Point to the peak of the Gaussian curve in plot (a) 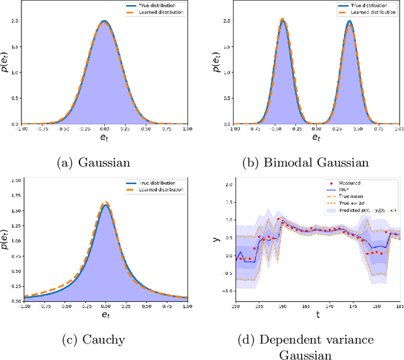105,21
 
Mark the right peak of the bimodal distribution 348,21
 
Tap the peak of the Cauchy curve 105,204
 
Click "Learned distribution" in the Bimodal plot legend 376,12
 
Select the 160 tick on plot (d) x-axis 282,306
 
